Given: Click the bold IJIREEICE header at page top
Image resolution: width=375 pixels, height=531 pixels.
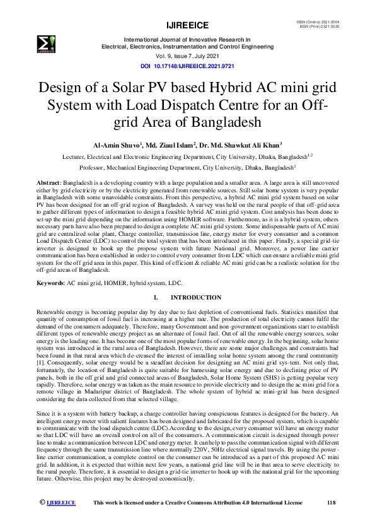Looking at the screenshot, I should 187,25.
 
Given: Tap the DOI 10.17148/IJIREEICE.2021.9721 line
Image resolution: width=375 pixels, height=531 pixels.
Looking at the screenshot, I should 187,65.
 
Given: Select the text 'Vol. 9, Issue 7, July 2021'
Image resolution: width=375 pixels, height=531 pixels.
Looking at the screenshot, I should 187,56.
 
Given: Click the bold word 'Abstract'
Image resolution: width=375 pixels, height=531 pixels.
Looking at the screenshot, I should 48,182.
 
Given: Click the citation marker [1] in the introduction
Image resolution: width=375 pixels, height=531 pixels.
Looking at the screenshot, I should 40,363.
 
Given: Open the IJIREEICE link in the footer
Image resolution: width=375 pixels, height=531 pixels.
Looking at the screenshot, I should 61,503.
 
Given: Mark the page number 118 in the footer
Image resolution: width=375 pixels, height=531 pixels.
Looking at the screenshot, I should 332,503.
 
